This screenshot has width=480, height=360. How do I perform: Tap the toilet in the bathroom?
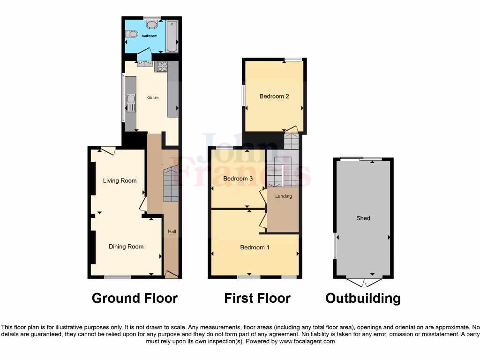pyautogui.click(x=131, y=34)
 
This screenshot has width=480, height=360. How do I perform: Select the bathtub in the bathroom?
pyautogui.click(x=172, y=36)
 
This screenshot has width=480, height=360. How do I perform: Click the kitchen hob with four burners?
pyautogui.click(x=162, y=67)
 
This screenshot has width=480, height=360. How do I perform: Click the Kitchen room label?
pyautogui.click(x=152, y=97)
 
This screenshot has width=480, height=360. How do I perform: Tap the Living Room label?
pyautogui.click(x=120, y=180)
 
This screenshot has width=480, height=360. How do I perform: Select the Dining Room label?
pyautogui.click(x=126, y=247)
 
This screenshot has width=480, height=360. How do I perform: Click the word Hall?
pyautogui.click(x=172, y=232)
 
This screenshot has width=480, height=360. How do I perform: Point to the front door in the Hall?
pyautogui.click(x=172, y=274)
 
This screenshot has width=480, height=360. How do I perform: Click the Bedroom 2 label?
pyautogui.click(x=274, y=96)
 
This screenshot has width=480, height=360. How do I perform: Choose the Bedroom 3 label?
pyautogui.click(x=238, y=179)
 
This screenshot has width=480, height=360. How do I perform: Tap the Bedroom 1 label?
pyautogui.click(x=255, y=247)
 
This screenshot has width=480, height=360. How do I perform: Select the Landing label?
pyautogui.click(x=283, y=196)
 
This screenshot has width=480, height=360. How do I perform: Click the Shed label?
pyautogui.click(x=363, y=218)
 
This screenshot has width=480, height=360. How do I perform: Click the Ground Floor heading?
pyautogui.click(x=135, y=298)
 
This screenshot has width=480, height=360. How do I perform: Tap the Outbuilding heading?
pyautogui.click(x=363, y=298)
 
